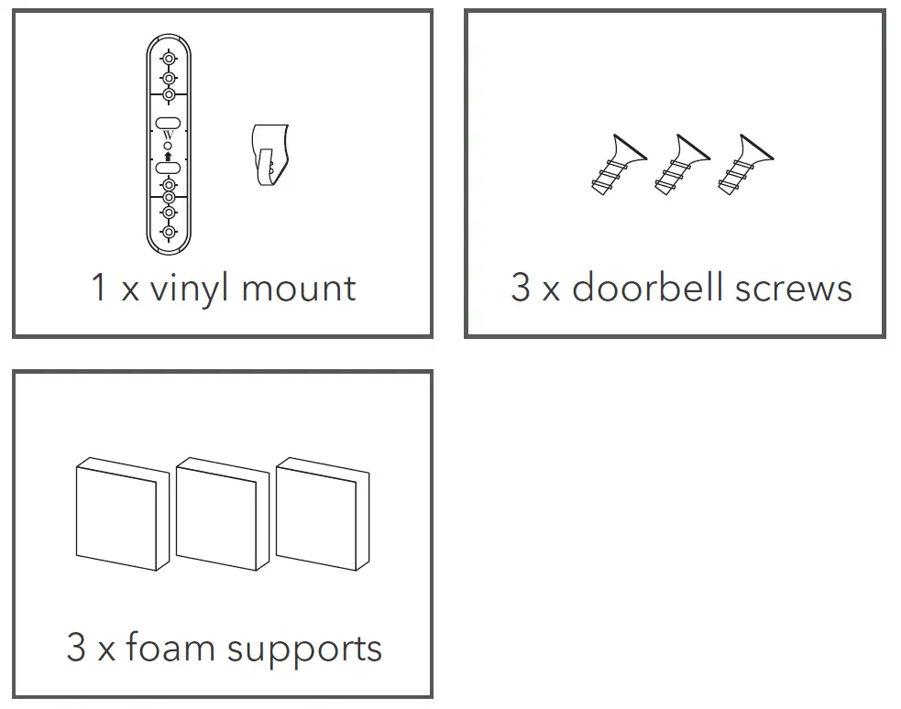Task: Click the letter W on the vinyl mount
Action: click(168, 137)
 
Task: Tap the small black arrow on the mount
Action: click(168, 157)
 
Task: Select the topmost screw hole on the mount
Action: click(169, 60)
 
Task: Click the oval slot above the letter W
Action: click(168, 123)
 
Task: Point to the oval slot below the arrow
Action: click(168, 168)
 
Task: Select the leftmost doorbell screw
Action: click(618, 165)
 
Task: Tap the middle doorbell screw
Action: click(679, 165)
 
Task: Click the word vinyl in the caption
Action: click(190, 289)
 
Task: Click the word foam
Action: click(170, 648)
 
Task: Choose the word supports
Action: click(304, 649)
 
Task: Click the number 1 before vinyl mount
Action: click(99, 288)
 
